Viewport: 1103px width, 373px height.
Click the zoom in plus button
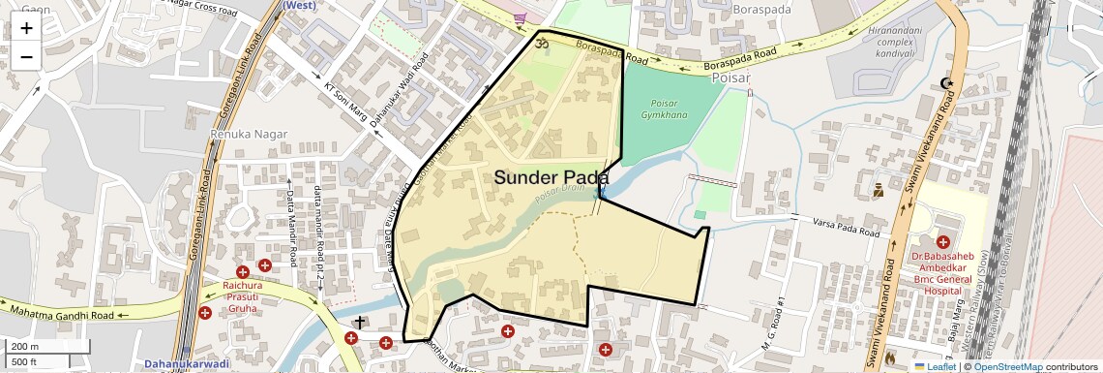tap(26, 27)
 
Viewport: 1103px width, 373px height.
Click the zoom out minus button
tap(26, 56)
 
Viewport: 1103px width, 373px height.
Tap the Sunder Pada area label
tap(551, 178)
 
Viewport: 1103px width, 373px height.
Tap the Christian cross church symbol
tap(360, 322)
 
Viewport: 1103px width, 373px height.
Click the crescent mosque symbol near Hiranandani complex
tap(946, 84)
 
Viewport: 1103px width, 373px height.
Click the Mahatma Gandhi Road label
tap(65, 313)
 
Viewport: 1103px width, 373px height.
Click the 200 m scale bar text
tap(25, 347)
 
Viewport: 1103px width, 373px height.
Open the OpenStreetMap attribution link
tap(1007, 367)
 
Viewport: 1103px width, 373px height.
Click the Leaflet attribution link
tap(935, 367)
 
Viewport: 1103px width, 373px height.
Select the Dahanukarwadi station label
tap(188, 364)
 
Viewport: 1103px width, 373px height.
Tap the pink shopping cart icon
tap(521, 17)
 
